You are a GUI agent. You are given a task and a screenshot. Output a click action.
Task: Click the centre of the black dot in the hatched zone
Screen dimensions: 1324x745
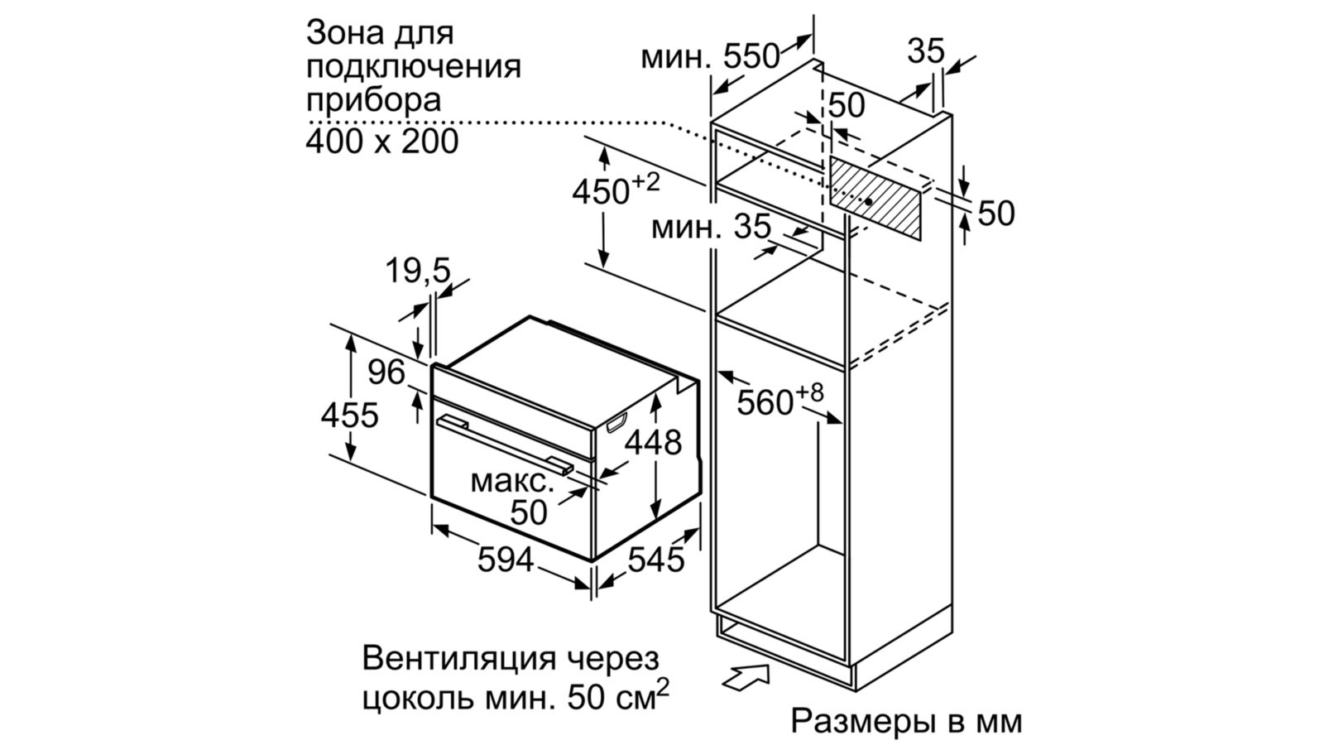tap(869, 202)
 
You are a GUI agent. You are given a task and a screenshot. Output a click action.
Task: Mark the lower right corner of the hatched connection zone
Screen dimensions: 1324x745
tap(920, 239)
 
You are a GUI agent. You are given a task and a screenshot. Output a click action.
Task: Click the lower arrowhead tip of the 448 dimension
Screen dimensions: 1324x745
tap(655, 519)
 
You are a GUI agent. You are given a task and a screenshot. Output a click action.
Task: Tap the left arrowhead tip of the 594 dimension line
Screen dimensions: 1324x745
tap(433, 526)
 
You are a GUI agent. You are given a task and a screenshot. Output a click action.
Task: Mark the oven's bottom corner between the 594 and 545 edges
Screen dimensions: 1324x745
tap(592, 560)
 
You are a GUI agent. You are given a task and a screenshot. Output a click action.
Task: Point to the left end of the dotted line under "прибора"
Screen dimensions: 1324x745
tap(309, 123)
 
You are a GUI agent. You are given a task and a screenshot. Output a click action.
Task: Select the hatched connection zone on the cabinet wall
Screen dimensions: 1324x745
tap(875, 198)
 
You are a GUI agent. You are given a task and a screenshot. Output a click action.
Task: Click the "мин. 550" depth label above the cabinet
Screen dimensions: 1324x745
tap(711, 57)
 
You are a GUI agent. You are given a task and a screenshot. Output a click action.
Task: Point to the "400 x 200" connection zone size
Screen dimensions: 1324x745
tap(381, 142)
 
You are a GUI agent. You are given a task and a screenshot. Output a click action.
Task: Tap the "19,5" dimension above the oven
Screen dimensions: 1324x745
tap(418, 272)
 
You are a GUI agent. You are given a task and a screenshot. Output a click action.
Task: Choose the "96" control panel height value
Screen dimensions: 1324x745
tap(386, 372)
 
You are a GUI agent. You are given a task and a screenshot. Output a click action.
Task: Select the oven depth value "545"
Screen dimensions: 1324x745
tap(656, 559)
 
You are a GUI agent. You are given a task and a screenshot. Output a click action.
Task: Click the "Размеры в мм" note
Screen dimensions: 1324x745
tap(906, 721)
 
